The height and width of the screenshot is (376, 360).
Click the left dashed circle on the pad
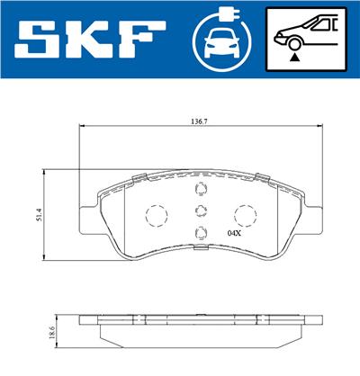coord(157,217)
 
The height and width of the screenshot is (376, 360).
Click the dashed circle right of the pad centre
coord(244,217)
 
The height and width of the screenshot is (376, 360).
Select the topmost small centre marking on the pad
coord(200,189)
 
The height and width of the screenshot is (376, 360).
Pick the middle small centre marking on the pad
coord(200,213)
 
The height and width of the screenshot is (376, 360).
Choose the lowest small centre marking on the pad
coord(200,237)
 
